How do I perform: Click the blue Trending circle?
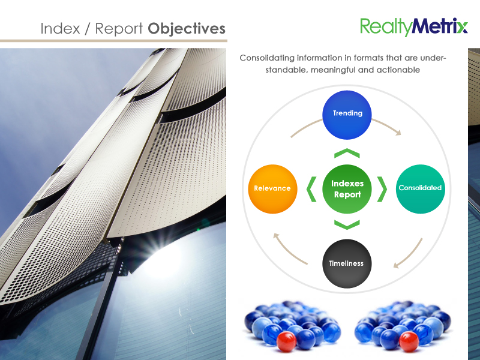coord(347,115)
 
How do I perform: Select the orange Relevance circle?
coord(272,189)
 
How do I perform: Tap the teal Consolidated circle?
coord(421,189)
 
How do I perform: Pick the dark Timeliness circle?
coord(347,263)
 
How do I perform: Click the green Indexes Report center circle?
coord(347,189)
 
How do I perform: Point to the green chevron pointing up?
coord(347,153)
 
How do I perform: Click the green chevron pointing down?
coord(347,224)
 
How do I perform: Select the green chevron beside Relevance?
coord(311,189)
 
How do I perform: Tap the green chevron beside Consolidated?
coord(382,189)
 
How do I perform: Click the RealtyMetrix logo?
coord(413,27)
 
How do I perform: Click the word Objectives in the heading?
coord(187,29)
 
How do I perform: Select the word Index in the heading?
coord(60,28)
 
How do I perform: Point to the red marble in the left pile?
coord(287,341)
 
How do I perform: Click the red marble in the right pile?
coord(409,341)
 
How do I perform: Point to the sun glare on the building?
coord(164,254)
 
